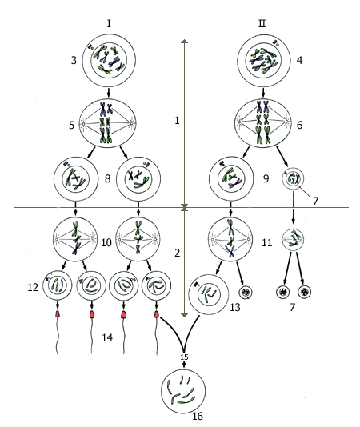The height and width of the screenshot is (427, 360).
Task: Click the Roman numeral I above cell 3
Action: (x=109, y=24)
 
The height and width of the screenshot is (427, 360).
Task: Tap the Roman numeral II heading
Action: (x=262, y=24)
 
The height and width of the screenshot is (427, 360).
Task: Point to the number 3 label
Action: (x=74, y=60)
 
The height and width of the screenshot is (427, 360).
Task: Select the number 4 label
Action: (x=299, y=60)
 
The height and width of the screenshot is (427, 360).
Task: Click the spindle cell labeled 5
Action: (x=108, y=123)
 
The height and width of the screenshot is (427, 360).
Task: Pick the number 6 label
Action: (x=299, y=125)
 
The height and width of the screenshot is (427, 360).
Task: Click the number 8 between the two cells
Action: (x=108, y=178)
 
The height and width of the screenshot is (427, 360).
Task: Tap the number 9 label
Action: (x=266, y=178)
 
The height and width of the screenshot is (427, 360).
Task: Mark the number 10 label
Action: (x=106, y=242)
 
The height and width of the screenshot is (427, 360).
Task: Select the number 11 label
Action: (x=266, y=242)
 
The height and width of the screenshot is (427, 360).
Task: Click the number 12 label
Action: (x=33, y=287)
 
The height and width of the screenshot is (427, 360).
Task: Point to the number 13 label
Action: (x=235, y=307)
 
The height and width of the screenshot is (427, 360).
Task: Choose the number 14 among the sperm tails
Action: (x=107, y=337)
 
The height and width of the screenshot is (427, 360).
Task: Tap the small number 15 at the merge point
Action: (x=184, y=357)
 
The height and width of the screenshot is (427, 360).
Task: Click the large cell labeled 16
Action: (x=183, y=391)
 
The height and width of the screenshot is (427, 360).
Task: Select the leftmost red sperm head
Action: (x=58, y=314)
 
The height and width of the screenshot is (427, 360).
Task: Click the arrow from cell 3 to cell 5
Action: (x=109, y=92)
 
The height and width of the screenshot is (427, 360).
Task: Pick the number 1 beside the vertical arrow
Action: (x=177, y=120)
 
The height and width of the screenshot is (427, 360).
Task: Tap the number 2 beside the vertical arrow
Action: (x=177, y=253)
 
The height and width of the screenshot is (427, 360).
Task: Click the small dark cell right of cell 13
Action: (x=246, y=292)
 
